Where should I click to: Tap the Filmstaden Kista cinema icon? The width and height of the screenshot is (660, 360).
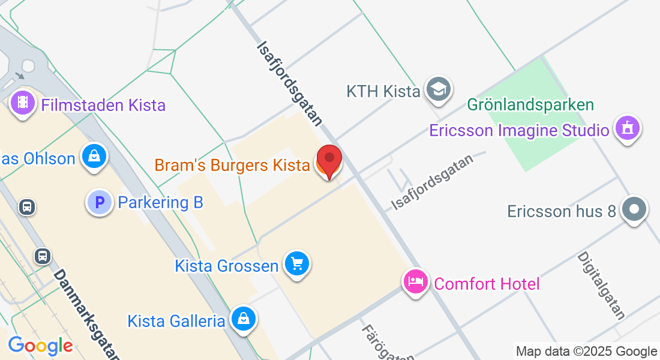point(23,103)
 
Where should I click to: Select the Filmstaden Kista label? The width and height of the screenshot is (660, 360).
point(103,106)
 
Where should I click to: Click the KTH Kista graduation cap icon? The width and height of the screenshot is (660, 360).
point(438,90)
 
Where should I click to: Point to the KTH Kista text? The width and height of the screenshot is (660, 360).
point(383,92)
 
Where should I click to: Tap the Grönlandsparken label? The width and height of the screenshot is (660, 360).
point(530,105)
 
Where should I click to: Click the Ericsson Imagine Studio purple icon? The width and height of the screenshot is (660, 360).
point(628,127)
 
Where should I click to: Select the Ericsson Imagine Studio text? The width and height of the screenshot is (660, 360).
point(520,130)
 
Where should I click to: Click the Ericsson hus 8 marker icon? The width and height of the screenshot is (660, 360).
point(634,210)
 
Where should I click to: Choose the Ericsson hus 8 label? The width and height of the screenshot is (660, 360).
point(562,211)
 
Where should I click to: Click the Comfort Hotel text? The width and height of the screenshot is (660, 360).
point(487,283)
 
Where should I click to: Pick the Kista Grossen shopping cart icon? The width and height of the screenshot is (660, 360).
point(297,263)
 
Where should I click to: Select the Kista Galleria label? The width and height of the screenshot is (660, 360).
point(176,321)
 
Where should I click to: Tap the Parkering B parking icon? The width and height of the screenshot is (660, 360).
point(99,202)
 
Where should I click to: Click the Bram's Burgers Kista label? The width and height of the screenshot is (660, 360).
point(232,165)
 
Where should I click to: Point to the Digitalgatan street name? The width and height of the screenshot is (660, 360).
point(601,285)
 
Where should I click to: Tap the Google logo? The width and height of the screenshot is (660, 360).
point(40,346)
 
